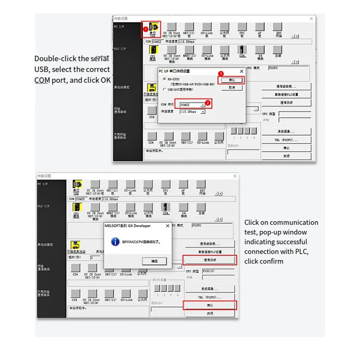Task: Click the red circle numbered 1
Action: click(145, 32)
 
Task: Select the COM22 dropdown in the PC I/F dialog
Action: click(192, 105)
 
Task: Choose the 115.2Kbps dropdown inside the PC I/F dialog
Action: click(192, 112)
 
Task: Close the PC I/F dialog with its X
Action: click(241, 71)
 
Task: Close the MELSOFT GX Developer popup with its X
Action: click(167, 225)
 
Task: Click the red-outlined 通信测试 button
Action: click(210, 260)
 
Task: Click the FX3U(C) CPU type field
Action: click(217, 271)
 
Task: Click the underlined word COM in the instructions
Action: click(41, 80)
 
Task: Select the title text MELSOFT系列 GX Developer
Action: click(128, 225)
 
